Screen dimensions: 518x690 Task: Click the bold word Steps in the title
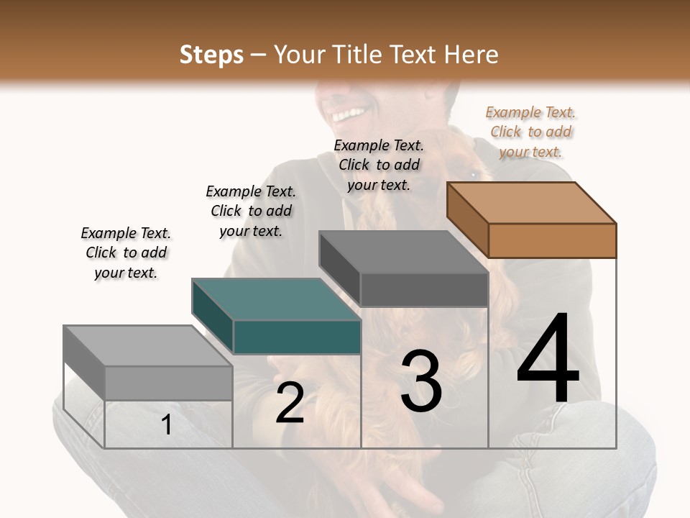pyautogui.click(x=211, y=55)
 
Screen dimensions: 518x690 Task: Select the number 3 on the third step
pyautogui.click(x=421, y=381)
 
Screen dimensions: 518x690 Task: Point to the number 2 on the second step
pyautogui.click(x=290, y=403)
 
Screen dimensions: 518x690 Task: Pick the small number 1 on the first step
pyautogui.click(x=167, y=424)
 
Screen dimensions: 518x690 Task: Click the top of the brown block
pyautogui.click(x=531, y=202)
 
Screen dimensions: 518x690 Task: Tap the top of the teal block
pyautogui.click(x=275, y=299)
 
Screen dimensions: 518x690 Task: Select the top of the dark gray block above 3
pyautogui.click(x=402, y=252)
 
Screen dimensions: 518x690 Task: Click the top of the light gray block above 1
pyautogui.click(x=147, y=346)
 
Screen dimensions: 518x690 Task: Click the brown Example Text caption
pyautogui.click(x=530, y=132)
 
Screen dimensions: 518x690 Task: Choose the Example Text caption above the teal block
pyautogui.click(x=251, y=211)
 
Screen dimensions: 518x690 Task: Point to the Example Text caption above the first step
pyautogui.click(x=126, y=253)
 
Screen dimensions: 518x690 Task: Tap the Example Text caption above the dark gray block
pyautogui.click(x=379, y=165)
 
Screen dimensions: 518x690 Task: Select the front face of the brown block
pyautogui.click(x=552, y=240)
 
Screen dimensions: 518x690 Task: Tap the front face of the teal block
pyautogui.click(x=297, y=337)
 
